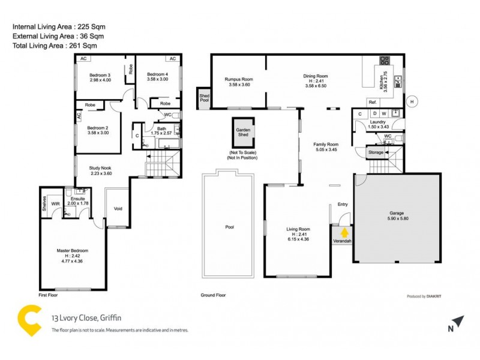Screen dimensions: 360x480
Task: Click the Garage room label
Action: coord(397,213)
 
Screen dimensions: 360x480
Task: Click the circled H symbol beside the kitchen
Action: coord(412,101)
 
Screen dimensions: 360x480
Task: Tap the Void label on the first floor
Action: coord(118,209)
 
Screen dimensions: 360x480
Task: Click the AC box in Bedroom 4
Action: coord(172,59)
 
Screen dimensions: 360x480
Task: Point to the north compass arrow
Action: coord(458,322)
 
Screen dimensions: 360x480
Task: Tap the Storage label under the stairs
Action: coord(376,153)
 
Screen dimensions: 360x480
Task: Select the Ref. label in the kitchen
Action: coord(372,102)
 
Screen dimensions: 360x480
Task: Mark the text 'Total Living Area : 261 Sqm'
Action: coord(55,45)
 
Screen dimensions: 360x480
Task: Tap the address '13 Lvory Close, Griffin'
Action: coord(86,319)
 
